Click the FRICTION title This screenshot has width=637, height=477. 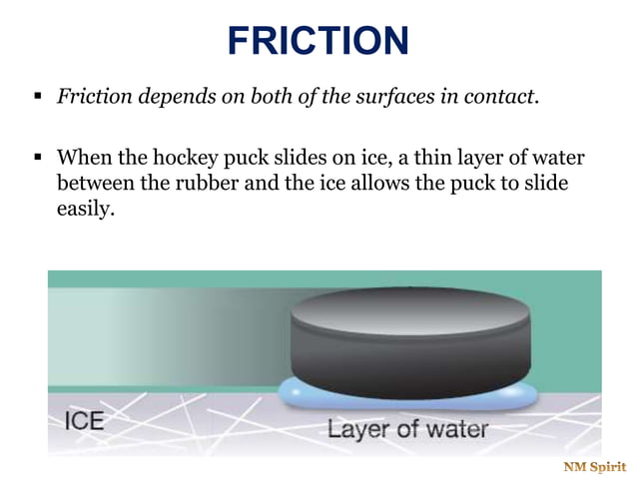point(318,40)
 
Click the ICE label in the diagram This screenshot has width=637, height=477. point(83,419)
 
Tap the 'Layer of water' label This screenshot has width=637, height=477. point(407,430)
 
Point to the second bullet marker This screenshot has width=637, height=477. point(37,159)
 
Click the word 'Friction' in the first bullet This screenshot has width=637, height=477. point(93,98)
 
